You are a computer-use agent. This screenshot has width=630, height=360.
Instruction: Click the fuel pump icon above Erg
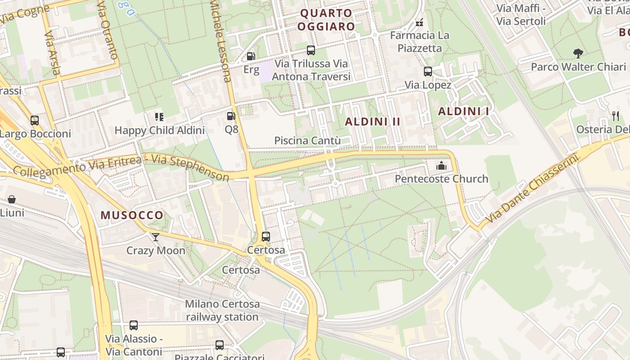(x=251, y=56)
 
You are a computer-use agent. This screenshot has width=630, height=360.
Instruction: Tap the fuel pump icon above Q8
(x=231, y=116)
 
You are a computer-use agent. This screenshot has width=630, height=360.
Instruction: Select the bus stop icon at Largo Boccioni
(x=35, y=121)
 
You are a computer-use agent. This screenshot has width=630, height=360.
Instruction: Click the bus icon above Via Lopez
(x=428, y=72)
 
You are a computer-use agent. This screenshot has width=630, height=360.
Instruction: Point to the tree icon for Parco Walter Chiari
(x=578, y=54)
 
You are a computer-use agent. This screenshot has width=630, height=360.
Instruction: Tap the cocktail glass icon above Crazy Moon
(x=156, y=237)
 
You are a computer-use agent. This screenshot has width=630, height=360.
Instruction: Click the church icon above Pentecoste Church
(x=441, y=166)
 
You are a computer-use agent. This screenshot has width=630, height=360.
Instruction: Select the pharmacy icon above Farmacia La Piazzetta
(x=419, y=22)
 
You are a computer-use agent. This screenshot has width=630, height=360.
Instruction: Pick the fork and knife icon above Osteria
(x=616, y=116)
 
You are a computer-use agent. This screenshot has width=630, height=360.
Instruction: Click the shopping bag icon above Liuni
(x=12, y=199)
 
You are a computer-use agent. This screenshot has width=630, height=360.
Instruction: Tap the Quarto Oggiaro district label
(x=326, y=20)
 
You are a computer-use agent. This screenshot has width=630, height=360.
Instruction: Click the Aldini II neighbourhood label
(x=373, y=121)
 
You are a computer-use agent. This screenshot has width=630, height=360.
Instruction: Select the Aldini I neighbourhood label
(x=463, y=111)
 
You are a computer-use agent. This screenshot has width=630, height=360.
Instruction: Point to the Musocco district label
(x=132, y=215)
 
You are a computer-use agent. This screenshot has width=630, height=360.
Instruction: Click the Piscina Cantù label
(x=307, y=141)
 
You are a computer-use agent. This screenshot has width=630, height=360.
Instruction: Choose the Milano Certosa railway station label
(x=222, y=310)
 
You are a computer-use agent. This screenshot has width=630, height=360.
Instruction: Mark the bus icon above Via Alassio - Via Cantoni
(x=134, y=325)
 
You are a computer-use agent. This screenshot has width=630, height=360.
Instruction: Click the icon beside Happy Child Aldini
(x=159, y=117)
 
